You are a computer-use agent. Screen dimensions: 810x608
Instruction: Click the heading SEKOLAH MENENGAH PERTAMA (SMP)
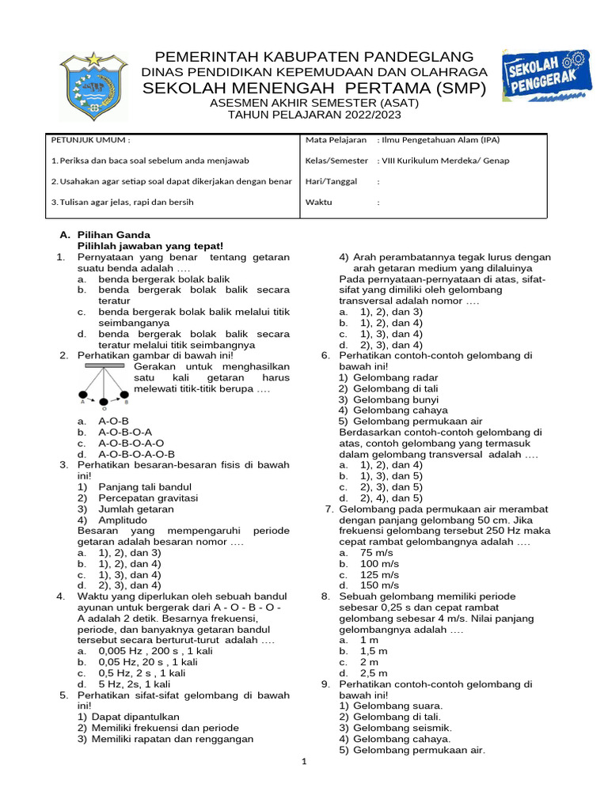(314, 88)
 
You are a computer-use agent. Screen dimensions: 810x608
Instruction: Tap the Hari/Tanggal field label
(331, 181)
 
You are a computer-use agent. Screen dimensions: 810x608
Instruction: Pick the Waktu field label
(319, 202)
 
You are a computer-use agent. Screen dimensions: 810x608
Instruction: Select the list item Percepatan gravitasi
(148, 498)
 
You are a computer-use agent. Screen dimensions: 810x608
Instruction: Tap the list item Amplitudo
(123, 520)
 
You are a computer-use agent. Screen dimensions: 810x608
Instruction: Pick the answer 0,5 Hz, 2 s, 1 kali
(142, 672)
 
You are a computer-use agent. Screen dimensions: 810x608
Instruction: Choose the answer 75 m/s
(377, 553)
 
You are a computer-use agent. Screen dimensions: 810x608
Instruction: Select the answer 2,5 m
(374, 672)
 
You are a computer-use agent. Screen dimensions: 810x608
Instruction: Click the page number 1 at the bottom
(303, 762)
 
